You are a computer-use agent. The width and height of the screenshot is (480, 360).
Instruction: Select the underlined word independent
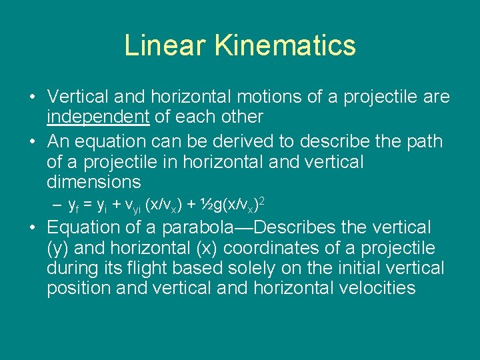point(98,117)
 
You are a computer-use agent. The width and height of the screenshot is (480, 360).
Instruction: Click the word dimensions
point(94,182)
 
